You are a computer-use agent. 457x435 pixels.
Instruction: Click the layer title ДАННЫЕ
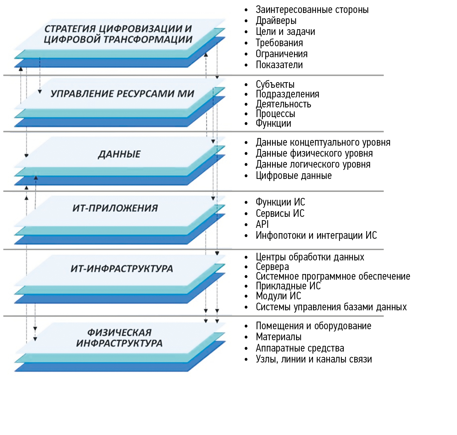pos(119,154)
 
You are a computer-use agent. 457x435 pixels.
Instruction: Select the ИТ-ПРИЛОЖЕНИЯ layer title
pos(115,208)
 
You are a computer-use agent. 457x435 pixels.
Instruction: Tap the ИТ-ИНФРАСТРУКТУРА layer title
pos(122,269)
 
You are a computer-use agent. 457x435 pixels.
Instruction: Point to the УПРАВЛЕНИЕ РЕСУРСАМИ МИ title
pos(122,94)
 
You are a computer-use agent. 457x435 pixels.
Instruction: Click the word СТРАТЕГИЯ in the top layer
pos(70,29)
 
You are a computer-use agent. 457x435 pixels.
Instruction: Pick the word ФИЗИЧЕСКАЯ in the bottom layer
pos(119,332)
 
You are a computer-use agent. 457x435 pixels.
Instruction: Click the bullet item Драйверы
pos(276,21)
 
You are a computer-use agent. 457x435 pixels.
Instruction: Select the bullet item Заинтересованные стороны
pos(312,10)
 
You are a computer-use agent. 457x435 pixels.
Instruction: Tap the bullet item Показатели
pos(279,65)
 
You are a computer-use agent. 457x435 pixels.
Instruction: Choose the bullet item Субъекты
pos(275,84)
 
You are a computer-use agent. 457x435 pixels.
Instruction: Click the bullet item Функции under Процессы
pos(273,123)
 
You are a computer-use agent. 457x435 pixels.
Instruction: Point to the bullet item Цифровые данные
pos(294,176)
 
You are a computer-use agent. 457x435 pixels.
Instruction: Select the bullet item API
pos(262,224)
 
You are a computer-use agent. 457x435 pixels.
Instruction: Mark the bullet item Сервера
pos(272,267)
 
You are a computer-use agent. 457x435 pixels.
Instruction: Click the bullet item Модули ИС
pos(278,296)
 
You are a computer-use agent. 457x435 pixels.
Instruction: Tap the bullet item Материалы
pos(279,337)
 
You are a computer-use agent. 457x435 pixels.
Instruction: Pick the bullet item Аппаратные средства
pos(300,348)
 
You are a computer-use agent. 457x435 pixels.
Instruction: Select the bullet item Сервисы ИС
pos(280,214)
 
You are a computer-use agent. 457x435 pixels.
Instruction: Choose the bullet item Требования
pos(279,43)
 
